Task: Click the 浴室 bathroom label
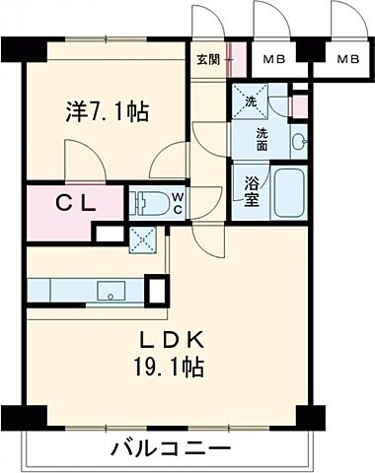[x=252, y=190]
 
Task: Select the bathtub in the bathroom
[x=289, y=191]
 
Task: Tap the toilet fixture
[x=150, y=202]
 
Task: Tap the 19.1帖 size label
[x=178, y=371]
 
